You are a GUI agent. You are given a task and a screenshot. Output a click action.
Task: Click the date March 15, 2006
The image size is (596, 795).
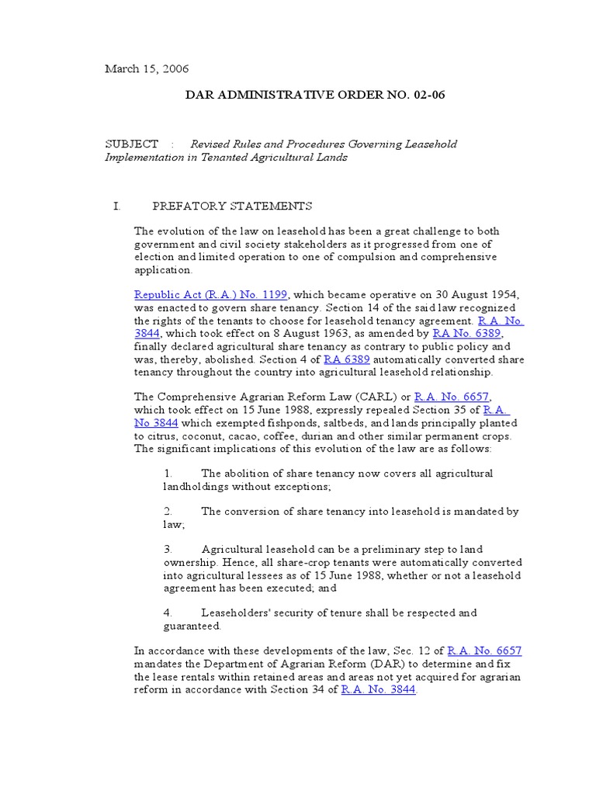[147, 69]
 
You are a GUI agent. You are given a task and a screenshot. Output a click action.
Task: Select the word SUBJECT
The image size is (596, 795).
[131, 144]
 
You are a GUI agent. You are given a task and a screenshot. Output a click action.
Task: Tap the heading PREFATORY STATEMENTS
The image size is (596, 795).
[232, 206]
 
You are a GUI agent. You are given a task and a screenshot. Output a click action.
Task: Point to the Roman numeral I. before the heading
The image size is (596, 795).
[117, 206]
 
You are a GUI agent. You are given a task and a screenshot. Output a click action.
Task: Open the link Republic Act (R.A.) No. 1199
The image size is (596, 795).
[211, 295]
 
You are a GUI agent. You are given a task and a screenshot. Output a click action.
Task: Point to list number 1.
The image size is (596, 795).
[168, 474]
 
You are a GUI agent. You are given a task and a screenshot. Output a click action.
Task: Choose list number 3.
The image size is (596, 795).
[168, 550]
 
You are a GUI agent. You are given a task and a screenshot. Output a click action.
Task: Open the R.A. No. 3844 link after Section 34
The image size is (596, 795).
[379, 689]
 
